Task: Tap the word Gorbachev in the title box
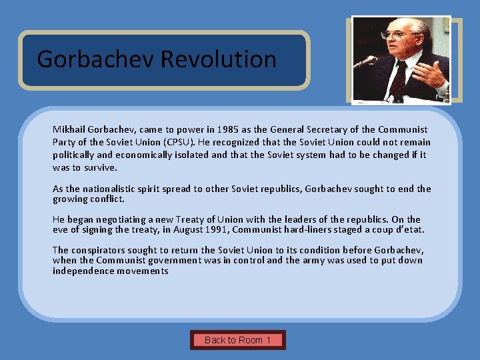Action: point(96,59)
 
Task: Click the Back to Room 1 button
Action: point(237,340)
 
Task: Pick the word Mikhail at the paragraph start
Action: point(69,129)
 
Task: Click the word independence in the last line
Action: point(81,271)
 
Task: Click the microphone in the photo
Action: point(366,62)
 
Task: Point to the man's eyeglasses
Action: point(393,33)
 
